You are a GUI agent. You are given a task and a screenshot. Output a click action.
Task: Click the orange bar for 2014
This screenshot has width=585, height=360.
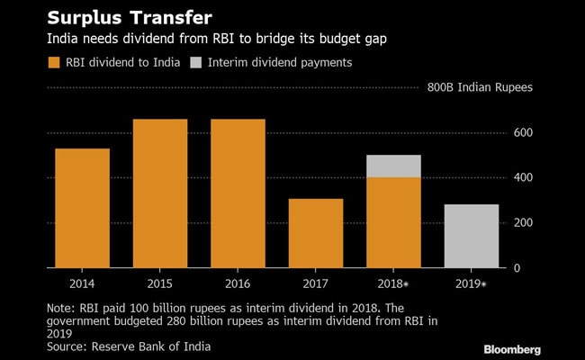[82, 208]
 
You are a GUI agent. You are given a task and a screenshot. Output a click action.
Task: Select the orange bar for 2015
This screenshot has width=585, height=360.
[160, 193]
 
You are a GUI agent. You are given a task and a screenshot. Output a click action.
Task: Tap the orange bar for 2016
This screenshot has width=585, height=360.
[238, 193]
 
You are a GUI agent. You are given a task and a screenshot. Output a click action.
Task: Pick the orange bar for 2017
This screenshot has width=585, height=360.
[316, 233]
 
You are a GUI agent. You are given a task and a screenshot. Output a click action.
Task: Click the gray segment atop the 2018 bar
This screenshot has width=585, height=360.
[393, 166]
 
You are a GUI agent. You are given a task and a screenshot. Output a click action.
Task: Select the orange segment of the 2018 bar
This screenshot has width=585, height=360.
[393, 222]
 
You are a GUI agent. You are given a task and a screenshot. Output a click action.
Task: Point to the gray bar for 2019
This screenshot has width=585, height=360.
[472, 236]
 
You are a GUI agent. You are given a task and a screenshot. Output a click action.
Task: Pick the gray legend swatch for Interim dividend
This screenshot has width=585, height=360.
[196, 62]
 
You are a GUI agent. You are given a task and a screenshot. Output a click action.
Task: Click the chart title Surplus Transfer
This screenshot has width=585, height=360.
[123, 17]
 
